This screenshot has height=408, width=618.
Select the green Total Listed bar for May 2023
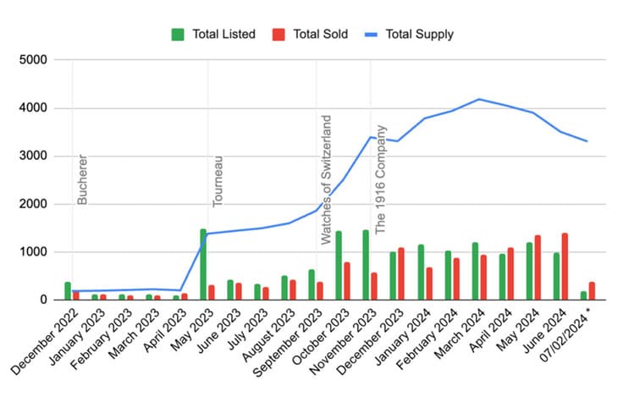coord(203,264)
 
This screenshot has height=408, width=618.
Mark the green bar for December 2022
coord(68,290)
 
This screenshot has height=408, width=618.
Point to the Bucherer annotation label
coord(82,179)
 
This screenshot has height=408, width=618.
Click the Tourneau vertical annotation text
coord(218,181)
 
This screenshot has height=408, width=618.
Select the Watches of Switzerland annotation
coord(326,179)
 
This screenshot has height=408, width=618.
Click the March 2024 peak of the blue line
coord(479,99)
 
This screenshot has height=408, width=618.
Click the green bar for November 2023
coord(366,265)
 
